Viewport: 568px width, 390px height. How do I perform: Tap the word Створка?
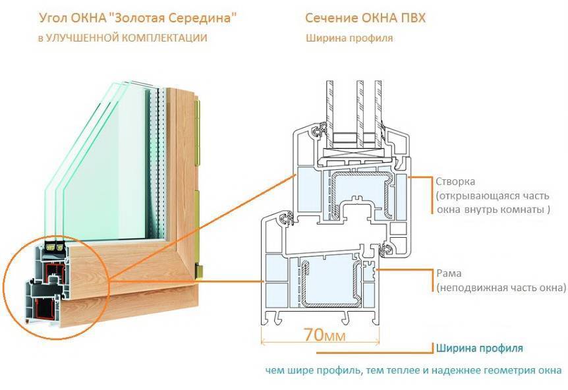pos(455,181)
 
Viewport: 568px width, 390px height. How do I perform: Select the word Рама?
pos(448,273)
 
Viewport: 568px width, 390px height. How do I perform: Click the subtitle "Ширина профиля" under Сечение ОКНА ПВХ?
pos(349,38)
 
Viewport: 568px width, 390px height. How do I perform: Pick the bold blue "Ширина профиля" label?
pos(479,347)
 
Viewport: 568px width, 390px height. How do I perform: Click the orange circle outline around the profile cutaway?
pos(6,283)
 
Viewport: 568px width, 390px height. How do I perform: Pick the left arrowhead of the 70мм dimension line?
pos(264,342)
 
